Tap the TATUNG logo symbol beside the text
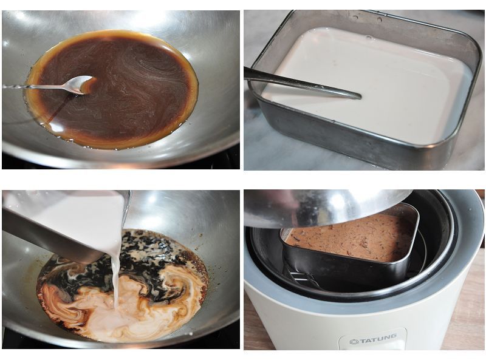354,342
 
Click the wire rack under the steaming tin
301,277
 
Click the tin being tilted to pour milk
62,223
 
